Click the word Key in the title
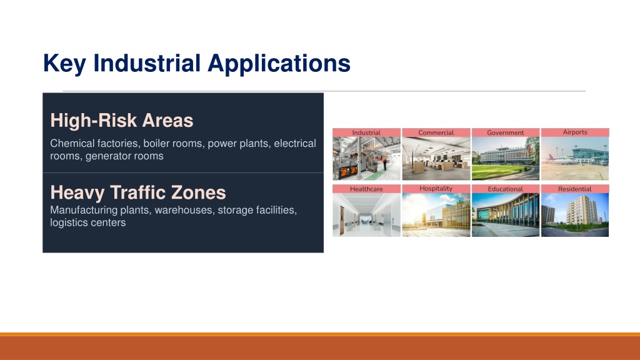click(64, 64)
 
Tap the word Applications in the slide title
click(279, 64)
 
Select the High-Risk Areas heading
click(122, 121)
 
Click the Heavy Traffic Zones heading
click(138, 192)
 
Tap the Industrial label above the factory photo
click(366, 132)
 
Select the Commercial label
click(436, 132)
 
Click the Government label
click(505, 132)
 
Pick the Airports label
click(575, 132)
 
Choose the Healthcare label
click(366, 189)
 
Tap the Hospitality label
click(436, 189)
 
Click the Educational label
click(505, 189)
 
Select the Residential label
click(575, 189)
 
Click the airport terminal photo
click(575, 158)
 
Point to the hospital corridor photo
click(366, 215)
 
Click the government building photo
click(505, 158)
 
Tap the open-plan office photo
click(436, 158)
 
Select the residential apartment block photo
click(575, 215)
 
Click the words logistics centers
click(87, 222)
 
